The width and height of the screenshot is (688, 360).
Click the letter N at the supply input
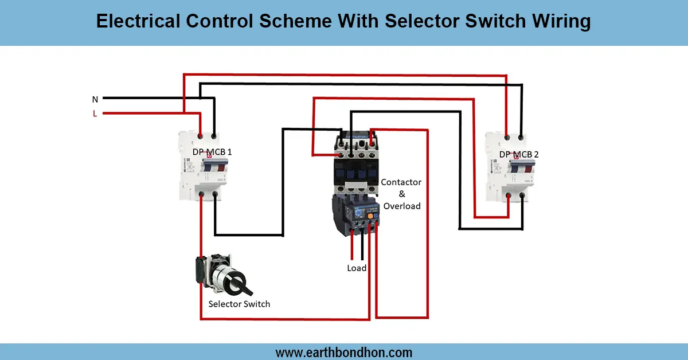coord(95,99)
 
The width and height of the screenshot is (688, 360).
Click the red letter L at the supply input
coord(95,114)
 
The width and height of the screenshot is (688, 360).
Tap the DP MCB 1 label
coord(212,152)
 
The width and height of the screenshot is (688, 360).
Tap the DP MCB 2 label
coord(519,154)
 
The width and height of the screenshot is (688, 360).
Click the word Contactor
coord(401,182)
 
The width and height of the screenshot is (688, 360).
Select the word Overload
coord(402,206)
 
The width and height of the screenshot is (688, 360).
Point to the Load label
coord(357,268)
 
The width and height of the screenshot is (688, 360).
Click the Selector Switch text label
coord(239,304)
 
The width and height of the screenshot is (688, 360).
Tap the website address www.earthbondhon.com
coord(344,352)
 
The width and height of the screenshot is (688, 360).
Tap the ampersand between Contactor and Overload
coord(402,194)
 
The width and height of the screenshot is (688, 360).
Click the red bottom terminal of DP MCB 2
coord(509,197)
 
